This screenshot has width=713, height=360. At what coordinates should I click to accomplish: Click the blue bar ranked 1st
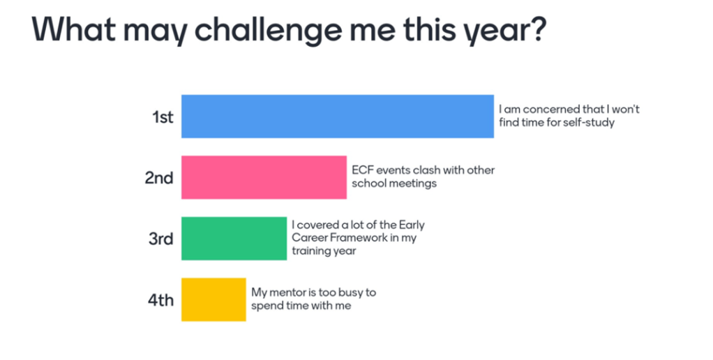338,117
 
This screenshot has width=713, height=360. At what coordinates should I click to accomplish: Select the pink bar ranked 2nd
264,177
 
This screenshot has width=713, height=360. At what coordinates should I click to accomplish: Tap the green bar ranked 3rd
234,239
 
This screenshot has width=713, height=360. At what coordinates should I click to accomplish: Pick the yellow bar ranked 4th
213,299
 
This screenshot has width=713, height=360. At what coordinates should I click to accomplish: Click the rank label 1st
163,117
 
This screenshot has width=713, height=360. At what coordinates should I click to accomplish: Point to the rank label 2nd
159,178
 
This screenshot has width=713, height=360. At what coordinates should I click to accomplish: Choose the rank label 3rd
161,239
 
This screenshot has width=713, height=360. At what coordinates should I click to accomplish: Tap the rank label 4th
161,300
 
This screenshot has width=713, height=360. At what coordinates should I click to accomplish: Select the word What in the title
73,29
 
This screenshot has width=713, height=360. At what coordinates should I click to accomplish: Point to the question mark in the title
537,29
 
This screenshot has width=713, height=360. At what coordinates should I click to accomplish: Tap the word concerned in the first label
551,110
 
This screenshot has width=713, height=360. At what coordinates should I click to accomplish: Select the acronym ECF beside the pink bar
362,170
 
